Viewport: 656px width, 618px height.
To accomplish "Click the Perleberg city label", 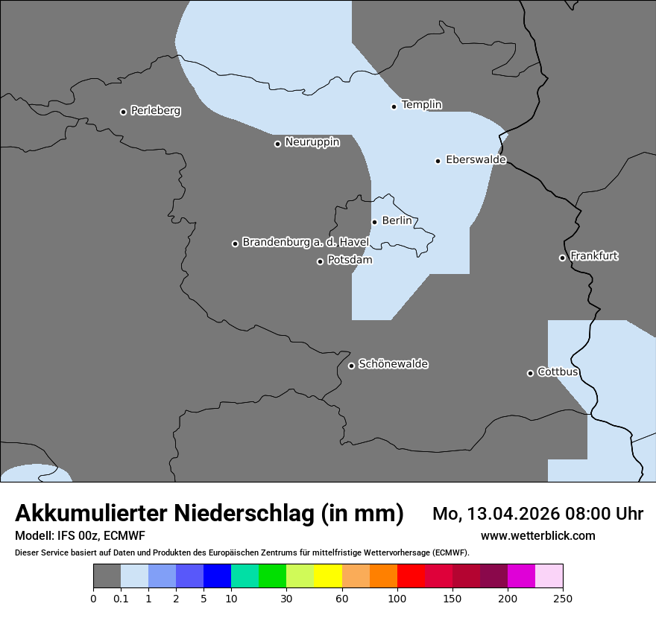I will pyautogui.click(x=155, y=111).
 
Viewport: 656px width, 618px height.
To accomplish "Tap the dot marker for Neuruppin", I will pyautogui.click(x=277, y=144).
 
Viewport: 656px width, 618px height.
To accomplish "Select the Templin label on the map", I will pyautogui.click(x=421, y=105).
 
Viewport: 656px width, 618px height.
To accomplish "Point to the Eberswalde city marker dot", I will pyautogui.click(x=438, y=161).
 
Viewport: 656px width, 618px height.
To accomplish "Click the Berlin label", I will pyautogui.click(x=397, y=221).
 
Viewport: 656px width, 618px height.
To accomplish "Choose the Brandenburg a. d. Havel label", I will pyautogui.click(x=305, y=243).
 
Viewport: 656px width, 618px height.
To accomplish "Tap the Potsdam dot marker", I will pyautogui.click(x=320, y=261).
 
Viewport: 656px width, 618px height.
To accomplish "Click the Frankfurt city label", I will pyautogui.click(x=594, y=256).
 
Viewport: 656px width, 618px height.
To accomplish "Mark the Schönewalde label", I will pyautogui.click(x=393, y=364).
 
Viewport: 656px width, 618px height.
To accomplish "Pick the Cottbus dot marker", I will pyautogui.click(x=530, y=373).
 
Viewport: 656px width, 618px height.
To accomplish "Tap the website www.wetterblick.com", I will pyautogui.click(x=537, y=536).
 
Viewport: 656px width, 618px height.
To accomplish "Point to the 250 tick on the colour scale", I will pyautogui.click(x=563, y=599).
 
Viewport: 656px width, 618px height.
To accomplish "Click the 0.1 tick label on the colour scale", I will pyautogui.click(x=121, y=599).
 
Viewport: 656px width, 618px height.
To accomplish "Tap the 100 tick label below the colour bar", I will pyautogui.click(x=397, y=599).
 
